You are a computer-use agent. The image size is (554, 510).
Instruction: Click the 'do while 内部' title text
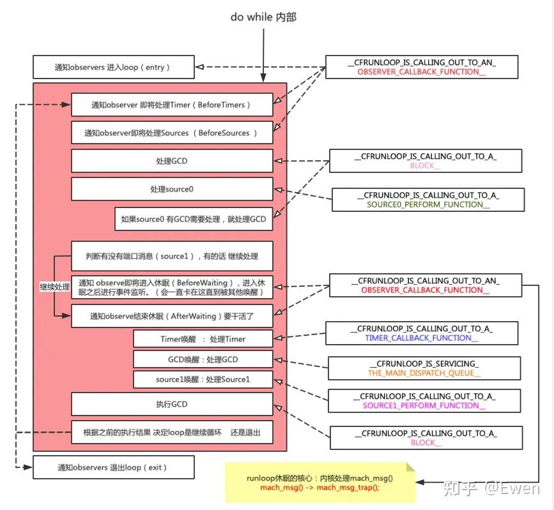pos(263,17)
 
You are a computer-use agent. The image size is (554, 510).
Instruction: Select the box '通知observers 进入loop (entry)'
pos(113,67)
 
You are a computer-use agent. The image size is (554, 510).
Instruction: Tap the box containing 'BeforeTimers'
pos(172,105)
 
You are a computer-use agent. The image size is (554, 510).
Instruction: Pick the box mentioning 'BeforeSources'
pos(172,133)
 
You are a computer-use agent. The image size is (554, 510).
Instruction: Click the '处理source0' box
pos(172,189)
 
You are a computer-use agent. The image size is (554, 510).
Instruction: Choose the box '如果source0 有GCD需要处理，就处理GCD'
pos(194,219)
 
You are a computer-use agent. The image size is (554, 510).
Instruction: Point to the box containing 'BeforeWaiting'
pos(172,287)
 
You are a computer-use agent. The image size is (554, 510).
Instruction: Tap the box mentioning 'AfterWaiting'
pos(172,316)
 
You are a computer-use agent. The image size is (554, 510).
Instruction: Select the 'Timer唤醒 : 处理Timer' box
pos(203,339)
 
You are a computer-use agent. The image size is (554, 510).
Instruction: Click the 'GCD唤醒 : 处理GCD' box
pos(203,359)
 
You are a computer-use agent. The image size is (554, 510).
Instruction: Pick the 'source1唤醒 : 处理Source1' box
pos(203,379)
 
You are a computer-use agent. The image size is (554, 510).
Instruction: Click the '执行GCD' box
pos(172,404)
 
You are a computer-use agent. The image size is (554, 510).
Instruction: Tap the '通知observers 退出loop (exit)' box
pos(113,467)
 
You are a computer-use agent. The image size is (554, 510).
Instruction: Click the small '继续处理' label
pos(55,287)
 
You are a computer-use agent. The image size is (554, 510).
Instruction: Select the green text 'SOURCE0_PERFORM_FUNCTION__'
pos(428,205)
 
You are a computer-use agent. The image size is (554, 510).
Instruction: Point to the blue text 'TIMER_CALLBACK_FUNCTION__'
pos(422,338)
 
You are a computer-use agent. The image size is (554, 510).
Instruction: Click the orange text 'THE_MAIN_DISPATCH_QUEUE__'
pos(424,373)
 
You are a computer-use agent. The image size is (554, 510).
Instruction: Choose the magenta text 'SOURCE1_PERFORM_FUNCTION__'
pos(424,405)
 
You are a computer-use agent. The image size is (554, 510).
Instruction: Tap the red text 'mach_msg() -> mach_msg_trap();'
pos(319,488)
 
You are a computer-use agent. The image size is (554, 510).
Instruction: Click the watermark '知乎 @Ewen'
pos(492,488)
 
